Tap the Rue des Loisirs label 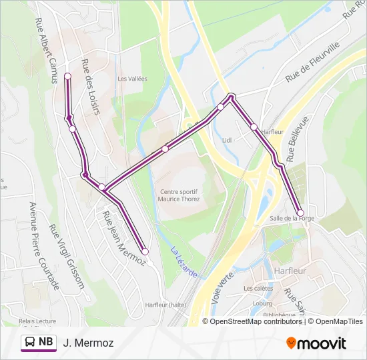pos(89,87)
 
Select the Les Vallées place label pos(132,79)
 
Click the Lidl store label pos(226,141)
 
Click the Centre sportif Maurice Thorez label pos(179,195)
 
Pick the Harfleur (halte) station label pos(165,305)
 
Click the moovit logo pos(316,343)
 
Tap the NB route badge pos(38,343)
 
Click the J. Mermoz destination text pos(88,343)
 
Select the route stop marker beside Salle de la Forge pos(300,213)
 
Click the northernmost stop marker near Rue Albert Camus pos(67,77)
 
